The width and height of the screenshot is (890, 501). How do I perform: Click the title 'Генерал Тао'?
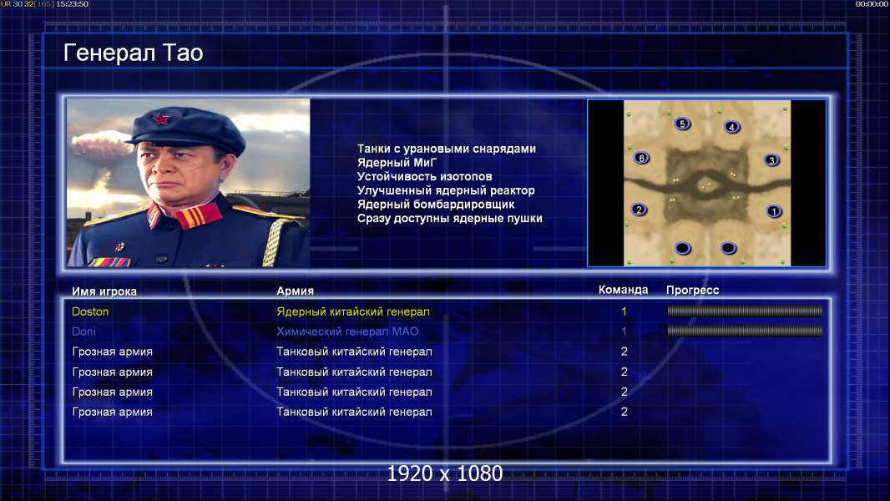tap(133, 53)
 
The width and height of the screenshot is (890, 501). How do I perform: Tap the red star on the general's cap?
tap(161, 119)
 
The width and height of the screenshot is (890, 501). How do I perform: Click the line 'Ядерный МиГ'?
tap(397, 163)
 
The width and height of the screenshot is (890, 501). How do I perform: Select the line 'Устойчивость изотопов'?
tap(425, 176)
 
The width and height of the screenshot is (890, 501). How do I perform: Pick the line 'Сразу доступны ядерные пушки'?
tap(449, 219)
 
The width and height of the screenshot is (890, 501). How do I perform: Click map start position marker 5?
tap(682, 124)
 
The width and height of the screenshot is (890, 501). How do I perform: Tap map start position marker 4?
tap(731, 127)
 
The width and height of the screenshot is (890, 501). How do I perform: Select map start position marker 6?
tap(641, 159)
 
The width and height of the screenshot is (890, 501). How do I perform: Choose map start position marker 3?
tap(771, 160)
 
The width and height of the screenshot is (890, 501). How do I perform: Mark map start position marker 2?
tap(640, 210)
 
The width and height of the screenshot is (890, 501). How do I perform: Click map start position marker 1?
tap(774, 211)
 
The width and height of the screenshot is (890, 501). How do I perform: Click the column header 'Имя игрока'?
tap(104, 291)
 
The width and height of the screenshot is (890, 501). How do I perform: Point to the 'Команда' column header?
tap(623, 290)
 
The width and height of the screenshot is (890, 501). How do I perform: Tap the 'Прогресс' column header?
tap(692, 291)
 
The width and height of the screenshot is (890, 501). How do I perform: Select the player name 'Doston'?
tap(90, 311)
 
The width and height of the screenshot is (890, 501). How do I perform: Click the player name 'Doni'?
tap(83, 331)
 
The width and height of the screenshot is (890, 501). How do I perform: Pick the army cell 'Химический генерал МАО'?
tap(347, 331)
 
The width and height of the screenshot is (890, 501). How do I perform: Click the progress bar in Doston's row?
tap(745, 311)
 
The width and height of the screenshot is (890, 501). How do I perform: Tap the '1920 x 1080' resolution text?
tap(444, 473)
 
